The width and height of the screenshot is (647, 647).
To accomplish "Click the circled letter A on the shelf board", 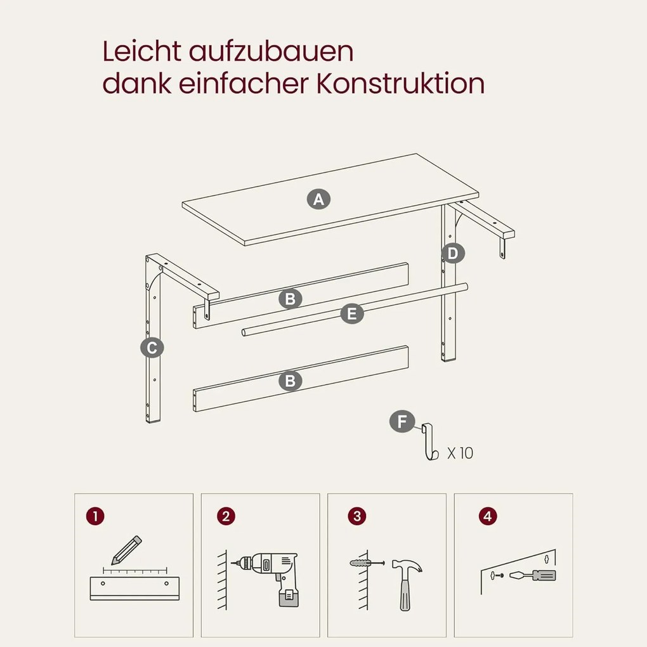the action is [318, 199].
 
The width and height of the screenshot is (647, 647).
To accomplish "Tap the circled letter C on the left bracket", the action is [152, 348].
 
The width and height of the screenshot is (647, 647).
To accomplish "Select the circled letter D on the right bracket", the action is [453, 253].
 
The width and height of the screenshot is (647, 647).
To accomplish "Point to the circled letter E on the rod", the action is [352, 313].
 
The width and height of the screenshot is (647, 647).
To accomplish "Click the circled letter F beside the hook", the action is [402, 422].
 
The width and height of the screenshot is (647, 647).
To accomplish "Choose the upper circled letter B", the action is [290, 298].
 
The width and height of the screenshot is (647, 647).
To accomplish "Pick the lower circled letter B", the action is [290, 381].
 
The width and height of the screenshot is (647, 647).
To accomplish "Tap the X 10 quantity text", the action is [460, 453].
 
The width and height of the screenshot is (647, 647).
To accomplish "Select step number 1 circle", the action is [95, 516].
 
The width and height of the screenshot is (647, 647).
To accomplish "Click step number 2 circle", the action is [226, 516].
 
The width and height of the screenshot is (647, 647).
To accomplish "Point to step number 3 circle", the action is [357, 516].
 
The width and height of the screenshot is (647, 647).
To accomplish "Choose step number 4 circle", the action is [488, 516].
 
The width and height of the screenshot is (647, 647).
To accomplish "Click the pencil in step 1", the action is [126, 551].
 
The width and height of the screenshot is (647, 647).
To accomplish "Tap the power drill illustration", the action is [268, 578].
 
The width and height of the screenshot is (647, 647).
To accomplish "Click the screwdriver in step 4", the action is [533, 575].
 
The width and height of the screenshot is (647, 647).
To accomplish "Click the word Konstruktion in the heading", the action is [400, 83].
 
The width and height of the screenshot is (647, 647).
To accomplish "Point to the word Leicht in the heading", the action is [141, 51].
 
